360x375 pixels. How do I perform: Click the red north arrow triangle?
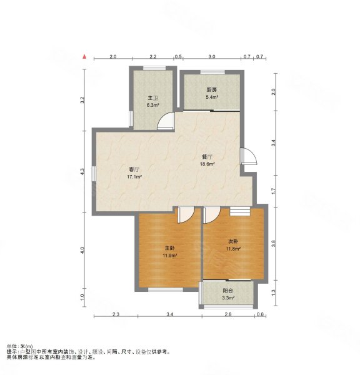(x=84, y=57)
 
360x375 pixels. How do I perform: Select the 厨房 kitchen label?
(x=212, y=90)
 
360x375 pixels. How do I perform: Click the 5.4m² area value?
(x=212, y=97)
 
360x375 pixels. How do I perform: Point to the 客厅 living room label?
(x=134, y=170)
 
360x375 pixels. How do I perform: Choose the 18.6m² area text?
(x=207, y=164)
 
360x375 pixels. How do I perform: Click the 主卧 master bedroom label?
(x=170, y=248)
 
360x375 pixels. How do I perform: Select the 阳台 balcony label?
(x=227, y=291)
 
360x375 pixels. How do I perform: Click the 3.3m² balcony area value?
(x=228, y=298)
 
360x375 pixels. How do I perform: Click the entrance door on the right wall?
(x=249, y=156)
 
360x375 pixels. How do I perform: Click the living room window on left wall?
(x=94, y=174)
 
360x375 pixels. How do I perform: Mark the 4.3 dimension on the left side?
(x=82, y=172)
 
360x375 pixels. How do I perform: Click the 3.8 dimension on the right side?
(x=274, y=244)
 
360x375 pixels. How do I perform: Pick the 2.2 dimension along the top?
(x=153, y=57)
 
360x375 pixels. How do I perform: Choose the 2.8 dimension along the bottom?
(x=229, y=314)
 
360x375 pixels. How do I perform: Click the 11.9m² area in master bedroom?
(x=170, y=256)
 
